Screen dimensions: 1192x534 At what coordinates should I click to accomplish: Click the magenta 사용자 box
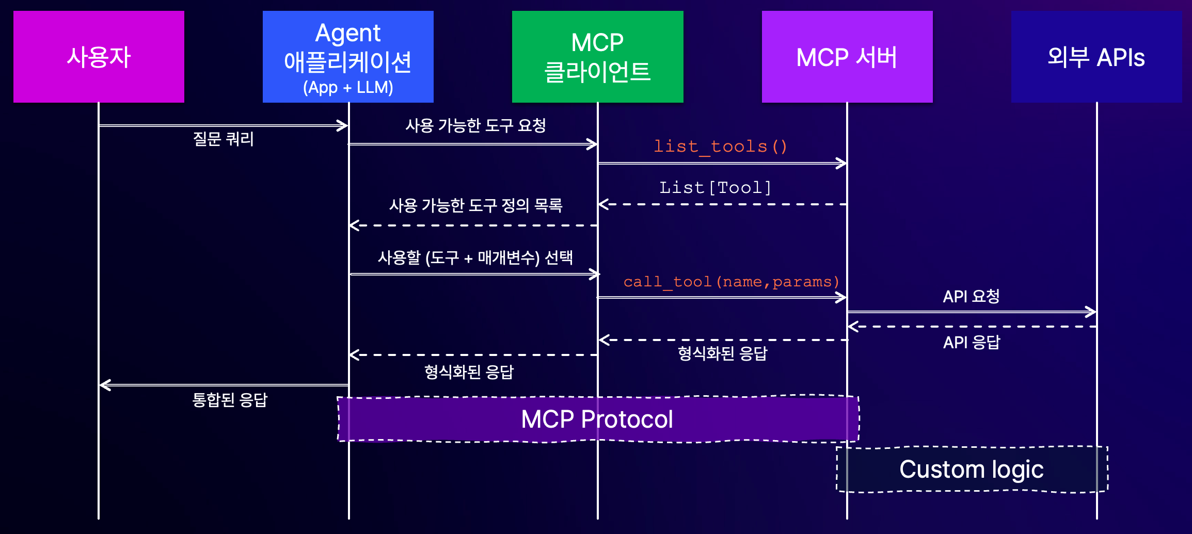(x=99, y=57)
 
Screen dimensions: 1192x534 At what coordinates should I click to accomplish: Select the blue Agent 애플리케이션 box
(x=348, y=57)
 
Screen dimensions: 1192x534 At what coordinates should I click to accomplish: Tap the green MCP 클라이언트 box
(x=598, y=57)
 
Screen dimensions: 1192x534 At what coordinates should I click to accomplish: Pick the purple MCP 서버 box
(x=847, y=57)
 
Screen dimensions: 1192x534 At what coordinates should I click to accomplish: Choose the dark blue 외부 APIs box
(x=1096, y=57)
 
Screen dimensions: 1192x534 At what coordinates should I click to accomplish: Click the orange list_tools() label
(x=721, y=147)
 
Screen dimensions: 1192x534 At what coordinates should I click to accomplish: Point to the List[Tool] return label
(x=716, y=187)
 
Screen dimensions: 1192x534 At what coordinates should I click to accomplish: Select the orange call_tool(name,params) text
(x=732, y=282)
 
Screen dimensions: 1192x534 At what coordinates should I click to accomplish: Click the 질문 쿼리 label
(x=224, y=139)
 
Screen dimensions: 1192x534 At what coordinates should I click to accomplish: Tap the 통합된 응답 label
(x=230, y=400)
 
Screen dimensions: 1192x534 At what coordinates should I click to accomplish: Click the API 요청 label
(x=972, y=296)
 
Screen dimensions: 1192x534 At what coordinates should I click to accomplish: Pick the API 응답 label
(x=972, y=342)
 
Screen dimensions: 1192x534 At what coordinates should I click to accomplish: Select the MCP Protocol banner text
(x=597, y=419)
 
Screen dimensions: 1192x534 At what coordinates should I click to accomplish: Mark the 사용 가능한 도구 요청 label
(x=475, y=125)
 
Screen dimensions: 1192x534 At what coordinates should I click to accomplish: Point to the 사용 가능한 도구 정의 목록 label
(x=475, y=205)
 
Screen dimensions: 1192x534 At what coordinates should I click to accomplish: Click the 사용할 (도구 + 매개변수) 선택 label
(x=475, y=257)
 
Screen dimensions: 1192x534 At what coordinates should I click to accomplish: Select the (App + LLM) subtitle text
(x=348, y=87)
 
